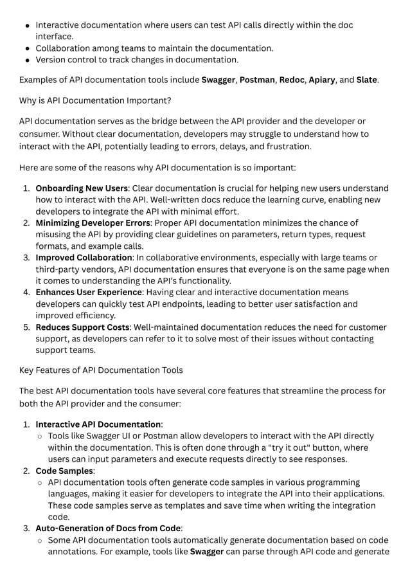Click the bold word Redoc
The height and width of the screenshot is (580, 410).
click(292, 80)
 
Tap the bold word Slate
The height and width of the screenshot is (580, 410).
click(367, 80)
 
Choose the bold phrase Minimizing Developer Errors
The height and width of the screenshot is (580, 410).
click(93, 223)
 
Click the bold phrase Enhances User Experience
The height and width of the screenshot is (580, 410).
click(88, 293)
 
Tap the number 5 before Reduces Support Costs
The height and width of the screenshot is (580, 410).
click(27, 327)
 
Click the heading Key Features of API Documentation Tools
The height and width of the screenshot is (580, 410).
click(101, 370)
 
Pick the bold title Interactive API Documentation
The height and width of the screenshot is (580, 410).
click(98, 424)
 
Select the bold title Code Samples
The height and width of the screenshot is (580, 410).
click(65, 471)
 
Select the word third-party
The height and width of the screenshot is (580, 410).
click(61, 269)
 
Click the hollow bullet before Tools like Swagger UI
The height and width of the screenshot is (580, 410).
click(40, 436)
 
